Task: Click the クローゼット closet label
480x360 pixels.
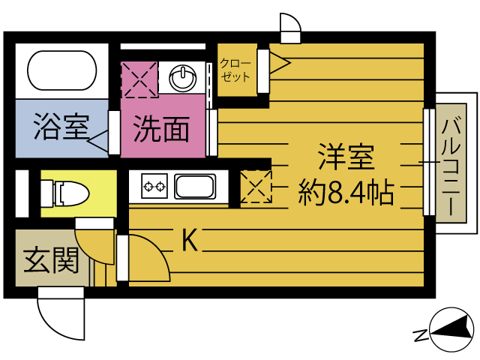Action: coord(235,70)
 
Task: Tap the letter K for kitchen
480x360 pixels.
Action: coord(190,240)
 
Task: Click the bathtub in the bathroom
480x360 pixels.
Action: coord(62,71)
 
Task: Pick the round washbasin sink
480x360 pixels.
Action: coord(184,77)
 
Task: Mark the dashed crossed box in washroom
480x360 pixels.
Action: coord(139,79)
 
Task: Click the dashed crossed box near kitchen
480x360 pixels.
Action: coord(256,186)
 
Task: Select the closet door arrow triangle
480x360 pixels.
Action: coord(279,62)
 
